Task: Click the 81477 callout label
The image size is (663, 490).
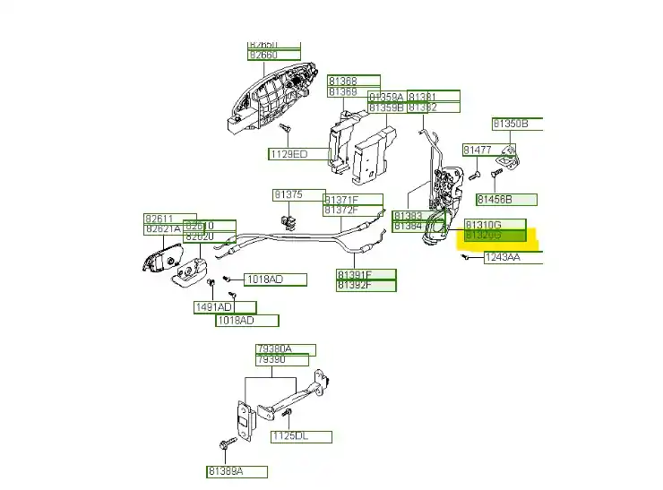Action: (x=478, y=150)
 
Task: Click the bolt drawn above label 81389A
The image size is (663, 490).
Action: (x=223, y=444)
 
